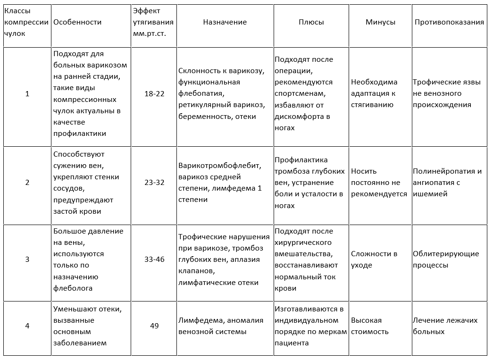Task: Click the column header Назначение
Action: (x=225, y=22)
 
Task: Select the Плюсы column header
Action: (x=310, y=22)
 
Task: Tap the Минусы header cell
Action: (x=380, y=22)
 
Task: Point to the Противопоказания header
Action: (x=449, y=22)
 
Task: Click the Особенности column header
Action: (x=77, y=22)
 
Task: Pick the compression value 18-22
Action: (x=154, y=93)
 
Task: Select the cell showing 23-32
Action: (x=154, y=183)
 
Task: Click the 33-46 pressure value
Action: (x=154, y=259)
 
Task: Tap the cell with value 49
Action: (x=154, y=326)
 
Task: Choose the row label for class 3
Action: (x=27, y=259)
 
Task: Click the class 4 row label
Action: (x=27, y=326)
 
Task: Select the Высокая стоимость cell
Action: (x=370, y=326)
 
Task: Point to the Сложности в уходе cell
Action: (x=374, y=259)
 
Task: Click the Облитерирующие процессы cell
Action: (x=446, y=259)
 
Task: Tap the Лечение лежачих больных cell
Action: (x=445, y=326)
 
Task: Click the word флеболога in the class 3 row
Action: (x=73, y=288)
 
